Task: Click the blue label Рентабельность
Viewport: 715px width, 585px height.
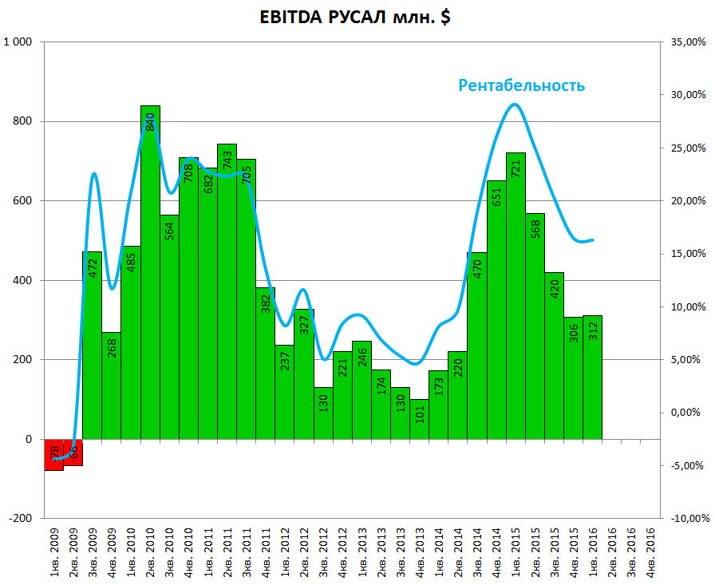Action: (521, 85)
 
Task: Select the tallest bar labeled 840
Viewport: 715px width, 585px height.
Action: (150, 271)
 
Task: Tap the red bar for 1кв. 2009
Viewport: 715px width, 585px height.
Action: (53, 454)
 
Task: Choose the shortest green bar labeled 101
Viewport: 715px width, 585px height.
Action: (420, 418)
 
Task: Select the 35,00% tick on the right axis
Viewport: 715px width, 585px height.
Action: (685, 42)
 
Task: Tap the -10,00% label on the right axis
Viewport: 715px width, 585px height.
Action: (685, 518)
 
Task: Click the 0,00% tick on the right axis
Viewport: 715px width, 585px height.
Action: (685, 413)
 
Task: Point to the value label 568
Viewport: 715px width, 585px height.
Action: (535, 231)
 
